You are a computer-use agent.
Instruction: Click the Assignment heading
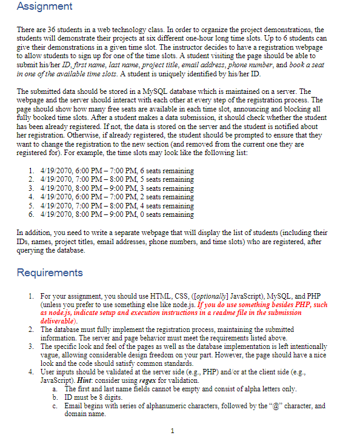(x=44, y=7)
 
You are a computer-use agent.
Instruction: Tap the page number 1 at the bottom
(x=173, y=431)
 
